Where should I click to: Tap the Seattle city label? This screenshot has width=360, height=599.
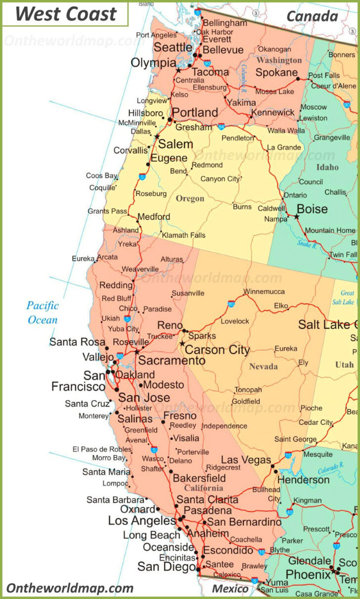click(173, 47)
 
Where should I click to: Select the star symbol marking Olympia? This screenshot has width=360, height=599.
click(179, 70)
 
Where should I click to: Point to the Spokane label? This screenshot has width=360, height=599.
click(276, 73)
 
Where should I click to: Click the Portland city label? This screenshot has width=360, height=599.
click(194, 112)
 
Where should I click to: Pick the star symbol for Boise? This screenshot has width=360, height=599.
click(297, 217)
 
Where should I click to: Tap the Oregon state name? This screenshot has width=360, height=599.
click(190, 198)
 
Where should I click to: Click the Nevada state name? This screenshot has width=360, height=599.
click(263, 367)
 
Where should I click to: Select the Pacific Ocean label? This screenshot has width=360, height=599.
click(43, 313)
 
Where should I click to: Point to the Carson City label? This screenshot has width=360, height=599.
click(217, 350)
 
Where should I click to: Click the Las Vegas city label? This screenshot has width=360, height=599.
click(246, 460)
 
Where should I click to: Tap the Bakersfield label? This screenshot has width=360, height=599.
click(199, 478)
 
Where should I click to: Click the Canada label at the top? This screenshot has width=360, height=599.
click(312, 16)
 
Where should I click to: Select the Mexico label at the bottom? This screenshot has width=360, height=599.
click(230, 589)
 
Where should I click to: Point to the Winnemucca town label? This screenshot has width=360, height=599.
click(264, 291)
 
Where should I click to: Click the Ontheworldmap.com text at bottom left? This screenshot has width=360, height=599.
click(70, 588)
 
